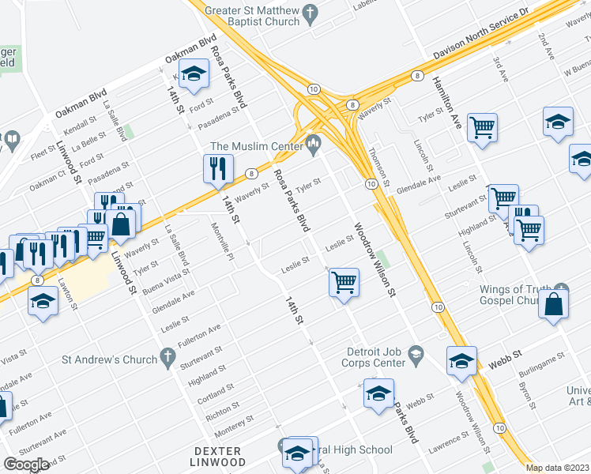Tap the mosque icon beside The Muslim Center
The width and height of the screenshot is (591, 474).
313,142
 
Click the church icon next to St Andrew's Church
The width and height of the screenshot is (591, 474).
167,359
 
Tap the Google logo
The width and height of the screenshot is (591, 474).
27,465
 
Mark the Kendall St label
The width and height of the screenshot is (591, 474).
81,126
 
